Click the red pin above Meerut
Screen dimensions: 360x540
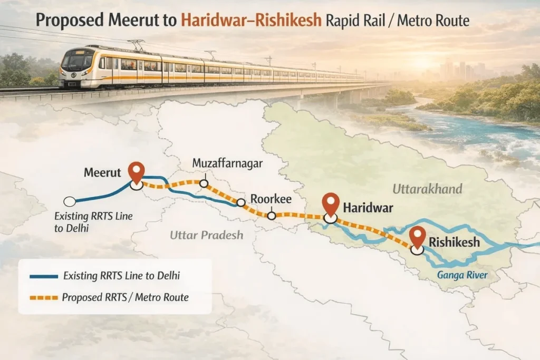tap(137, 172)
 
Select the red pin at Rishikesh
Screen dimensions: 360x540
tap(418, 236)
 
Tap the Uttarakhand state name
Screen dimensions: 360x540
tap(427, 189)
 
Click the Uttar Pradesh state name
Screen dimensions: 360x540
tap(207, 235)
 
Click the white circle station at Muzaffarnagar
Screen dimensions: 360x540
tap(204, 183)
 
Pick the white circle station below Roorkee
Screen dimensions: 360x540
tap(272, 215)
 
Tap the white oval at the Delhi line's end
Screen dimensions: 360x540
tap(69, 201)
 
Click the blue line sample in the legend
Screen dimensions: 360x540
tap(44, 276)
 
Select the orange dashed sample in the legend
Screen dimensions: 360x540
tap(44, 298)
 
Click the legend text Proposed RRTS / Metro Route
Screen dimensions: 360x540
tap(125, 298)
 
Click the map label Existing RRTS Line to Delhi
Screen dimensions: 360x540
tap(93, 222)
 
